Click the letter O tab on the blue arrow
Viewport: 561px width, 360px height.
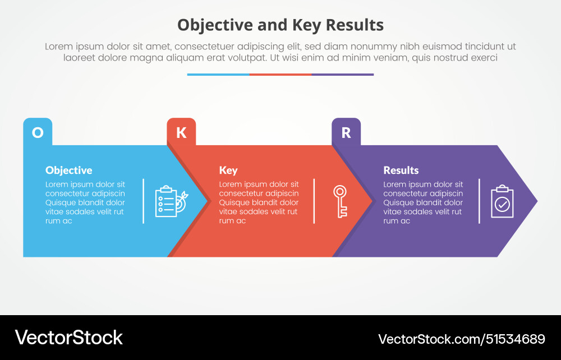pos(38,132)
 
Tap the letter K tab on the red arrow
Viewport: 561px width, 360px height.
pos(181,132)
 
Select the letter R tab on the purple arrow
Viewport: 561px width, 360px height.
pos(346,132)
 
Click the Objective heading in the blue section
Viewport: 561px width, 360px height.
pos(68,170)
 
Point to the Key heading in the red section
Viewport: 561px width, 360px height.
pos(228,170)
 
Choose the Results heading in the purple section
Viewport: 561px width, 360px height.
pos(401,170)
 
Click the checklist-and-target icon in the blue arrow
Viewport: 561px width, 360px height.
pos(172,201)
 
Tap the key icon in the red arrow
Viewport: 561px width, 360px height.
pos(340,201)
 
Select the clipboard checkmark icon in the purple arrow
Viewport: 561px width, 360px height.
pos(502,201)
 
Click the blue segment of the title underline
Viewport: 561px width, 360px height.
pos(218,74)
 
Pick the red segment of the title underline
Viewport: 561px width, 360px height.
pos(280,74)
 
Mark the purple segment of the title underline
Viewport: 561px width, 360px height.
pos(342,74)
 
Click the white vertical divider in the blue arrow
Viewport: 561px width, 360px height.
pos(144,201)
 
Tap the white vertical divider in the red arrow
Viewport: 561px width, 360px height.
pos(314,201)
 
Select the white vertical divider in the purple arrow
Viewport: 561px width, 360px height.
pos(479,201)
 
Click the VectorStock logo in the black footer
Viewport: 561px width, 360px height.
pos(68,338)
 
